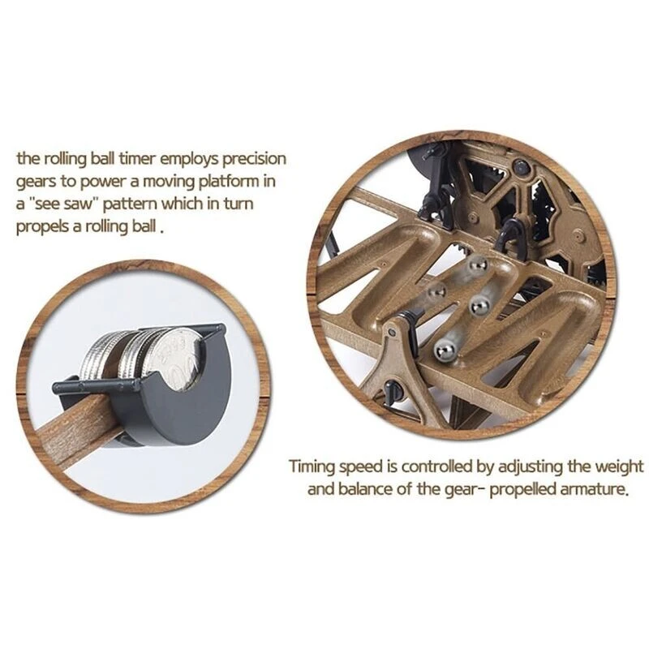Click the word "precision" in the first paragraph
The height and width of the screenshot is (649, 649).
[x=254, y=159]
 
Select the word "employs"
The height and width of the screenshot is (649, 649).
[x=189, y=160]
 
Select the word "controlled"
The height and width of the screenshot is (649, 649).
[x=437, y=466]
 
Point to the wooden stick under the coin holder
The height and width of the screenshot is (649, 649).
[x=75, y=431]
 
